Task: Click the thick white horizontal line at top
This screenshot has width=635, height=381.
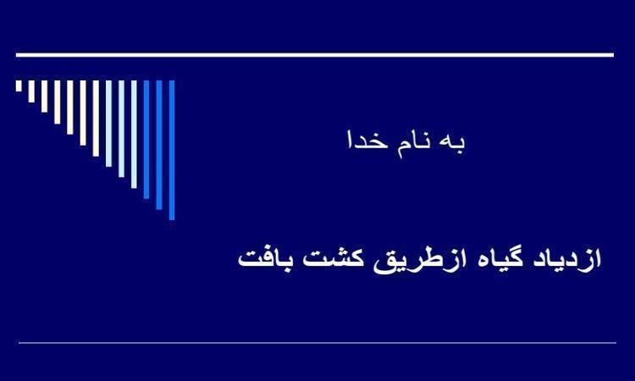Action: click(x=315, y=55)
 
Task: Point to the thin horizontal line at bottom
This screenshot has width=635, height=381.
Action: click(x=317, y=343)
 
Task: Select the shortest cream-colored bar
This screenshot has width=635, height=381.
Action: click(x=19, y=86)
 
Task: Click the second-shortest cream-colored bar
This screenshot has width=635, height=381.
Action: click(x=31, y=91)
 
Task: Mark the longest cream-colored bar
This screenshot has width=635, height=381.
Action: click(x=96, y=119)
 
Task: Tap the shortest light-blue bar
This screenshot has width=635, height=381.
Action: click(x=108, y=124)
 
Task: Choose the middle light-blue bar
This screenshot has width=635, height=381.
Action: click(x=121, y=129)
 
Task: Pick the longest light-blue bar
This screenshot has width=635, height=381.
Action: click(x=134, y=134)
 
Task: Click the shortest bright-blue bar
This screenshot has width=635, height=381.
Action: click(x=146, y=140)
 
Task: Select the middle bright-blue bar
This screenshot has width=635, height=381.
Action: click(x=159, y=145)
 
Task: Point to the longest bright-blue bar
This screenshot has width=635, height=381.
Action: click(x=172, y=150)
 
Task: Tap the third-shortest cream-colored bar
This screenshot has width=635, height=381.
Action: click(x=44, y=97)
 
